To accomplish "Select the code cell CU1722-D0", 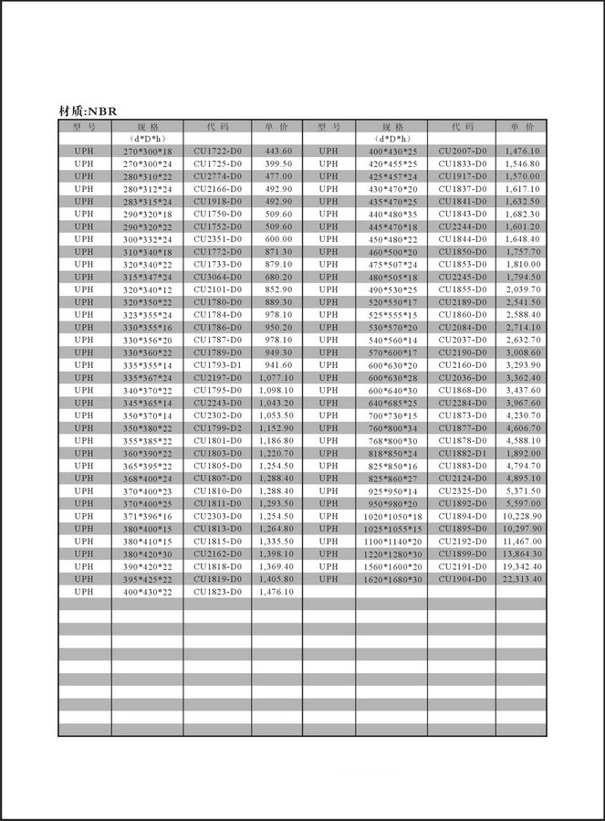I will pos(217,151).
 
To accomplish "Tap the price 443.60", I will pos(278,151).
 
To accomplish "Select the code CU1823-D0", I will pos(217,592).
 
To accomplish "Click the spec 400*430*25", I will pos(392,151).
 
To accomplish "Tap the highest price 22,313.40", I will pos(522,579).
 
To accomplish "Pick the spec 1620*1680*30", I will pos(392,579).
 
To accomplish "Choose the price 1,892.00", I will pos(522,453).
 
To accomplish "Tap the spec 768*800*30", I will pos(392,440).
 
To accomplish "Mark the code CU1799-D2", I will pos(217,427).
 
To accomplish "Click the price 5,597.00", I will pos(522,503).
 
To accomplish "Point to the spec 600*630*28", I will pos(392,377).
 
